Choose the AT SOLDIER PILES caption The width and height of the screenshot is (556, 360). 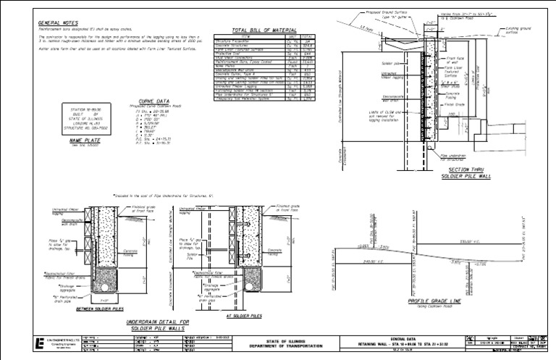click(243, 316)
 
